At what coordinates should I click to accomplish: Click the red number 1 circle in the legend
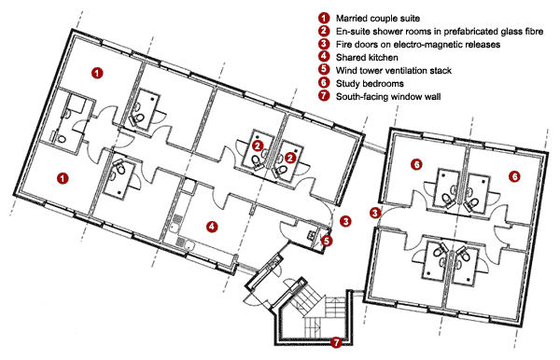(324, 18)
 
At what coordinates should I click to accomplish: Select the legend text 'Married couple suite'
(378, 19)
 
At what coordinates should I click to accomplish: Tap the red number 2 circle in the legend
(324, 31)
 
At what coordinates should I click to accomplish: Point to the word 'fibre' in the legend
(533, 32)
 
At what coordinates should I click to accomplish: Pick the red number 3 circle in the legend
(324, 44)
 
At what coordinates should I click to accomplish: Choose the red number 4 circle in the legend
(324, 57)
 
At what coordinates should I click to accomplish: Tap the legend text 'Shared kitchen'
(367, 57)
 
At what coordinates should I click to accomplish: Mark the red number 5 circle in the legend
(324, 70)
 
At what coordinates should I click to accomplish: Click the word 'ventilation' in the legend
(406, 70)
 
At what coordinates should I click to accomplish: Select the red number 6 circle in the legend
(324, 83)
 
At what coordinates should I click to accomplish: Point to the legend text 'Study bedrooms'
(370, 84)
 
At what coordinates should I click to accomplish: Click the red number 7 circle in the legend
(324, 96)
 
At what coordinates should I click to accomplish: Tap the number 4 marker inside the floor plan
(212, 227)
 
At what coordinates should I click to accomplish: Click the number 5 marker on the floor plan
(327, 242)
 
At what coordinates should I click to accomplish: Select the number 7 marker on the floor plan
(336, 342)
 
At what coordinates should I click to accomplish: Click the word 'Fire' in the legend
(343, 44)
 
